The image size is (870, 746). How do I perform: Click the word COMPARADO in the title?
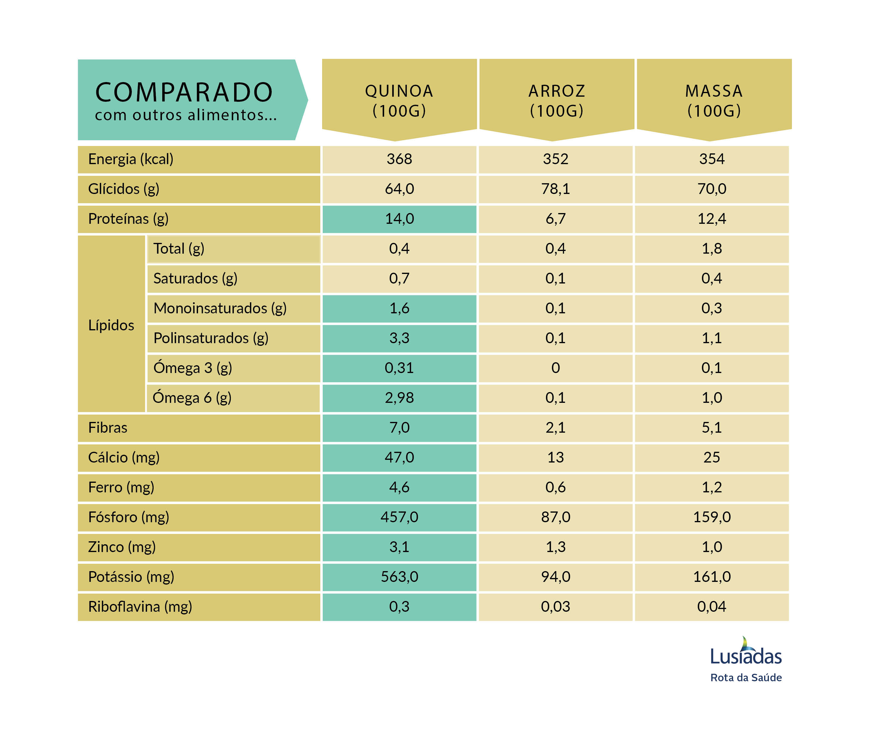coord(184,93)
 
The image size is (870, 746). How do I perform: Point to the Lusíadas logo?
coord(746,652)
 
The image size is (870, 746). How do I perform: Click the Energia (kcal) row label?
coord(131,159)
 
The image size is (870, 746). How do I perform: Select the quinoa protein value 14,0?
coord(399,219)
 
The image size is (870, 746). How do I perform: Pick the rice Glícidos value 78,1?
coord(556,189)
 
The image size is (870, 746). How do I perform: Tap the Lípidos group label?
coord(111,325)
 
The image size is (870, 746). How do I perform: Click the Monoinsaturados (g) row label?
coord(220,308)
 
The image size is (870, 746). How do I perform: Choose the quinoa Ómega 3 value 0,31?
coord(399,368)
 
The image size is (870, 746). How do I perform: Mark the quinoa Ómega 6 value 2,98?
coord(399,398)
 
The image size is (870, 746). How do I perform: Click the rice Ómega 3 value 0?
coord(556,368)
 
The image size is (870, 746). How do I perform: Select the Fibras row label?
coord(108,428)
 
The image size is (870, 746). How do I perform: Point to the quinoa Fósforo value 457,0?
coord(399,517)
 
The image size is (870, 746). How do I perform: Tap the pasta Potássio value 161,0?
coord(712,577)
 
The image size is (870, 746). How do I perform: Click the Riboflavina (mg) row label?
coord(140,607)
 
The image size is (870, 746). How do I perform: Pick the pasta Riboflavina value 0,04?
coord(712,607)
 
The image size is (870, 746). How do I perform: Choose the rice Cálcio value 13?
coord(556,457)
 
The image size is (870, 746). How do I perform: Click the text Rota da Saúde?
coord(746,678)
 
